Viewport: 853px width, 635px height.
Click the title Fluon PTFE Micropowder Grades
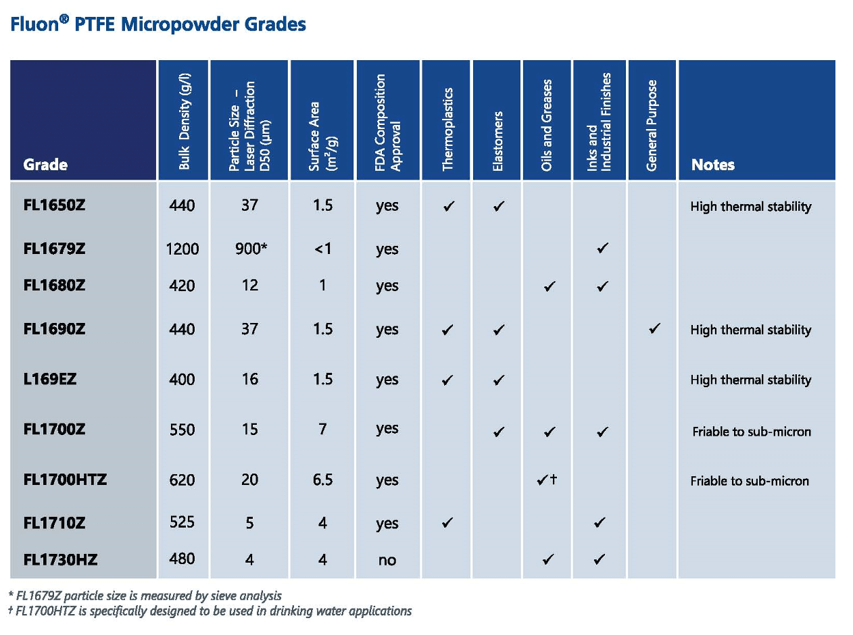(158, 25)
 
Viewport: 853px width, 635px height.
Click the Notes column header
(712, 165)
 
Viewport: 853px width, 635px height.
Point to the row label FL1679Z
(54, 249)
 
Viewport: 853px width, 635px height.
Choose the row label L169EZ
(49, 380)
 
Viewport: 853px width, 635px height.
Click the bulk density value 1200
(182, 249)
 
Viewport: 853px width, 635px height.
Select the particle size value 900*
(250, 249)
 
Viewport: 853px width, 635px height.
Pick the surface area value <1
(322, 249)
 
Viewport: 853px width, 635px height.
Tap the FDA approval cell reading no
(387, 560)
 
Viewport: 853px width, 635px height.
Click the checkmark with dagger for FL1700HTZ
(547, 480)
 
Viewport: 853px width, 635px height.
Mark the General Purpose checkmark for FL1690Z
(653, 330)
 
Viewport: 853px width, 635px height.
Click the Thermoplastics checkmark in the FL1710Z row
(447, 523)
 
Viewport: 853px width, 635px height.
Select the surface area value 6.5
(322, 480)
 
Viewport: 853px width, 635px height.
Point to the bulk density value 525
(182, 522)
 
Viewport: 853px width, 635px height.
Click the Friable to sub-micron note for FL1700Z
(751, 432)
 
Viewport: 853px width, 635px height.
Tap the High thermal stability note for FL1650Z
(750, 207)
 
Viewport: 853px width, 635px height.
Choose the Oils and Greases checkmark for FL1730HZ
(548, 559)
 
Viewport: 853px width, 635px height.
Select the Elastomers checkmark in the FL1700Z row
(498, 432)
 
